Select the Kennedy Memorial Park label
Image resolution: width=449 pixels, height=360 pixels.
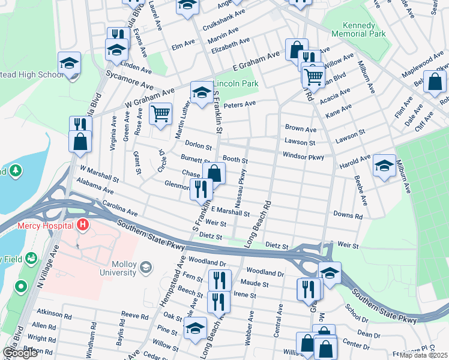[358, 30]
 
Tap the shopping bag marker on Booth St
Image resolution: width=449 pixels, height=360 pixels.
[214, 173]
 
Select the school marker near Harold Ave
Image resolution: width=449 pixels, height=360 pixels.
[384, 166]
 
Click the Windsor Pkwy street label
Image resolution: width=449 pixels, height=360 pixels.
[304, 157]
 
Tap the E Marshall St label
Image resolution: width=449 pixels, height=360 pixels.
[230, 212]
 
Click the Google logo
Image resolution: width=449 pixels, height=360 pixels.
[20, 353]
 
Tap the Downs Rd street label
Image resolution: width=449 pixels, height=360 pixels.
[348, 215]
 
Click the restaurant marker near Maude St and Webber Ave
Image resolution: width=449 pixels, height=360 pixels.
[220, 280]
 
